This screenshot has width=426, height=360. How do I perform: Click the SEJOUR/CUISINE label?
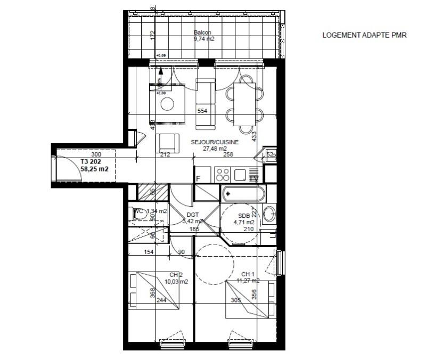[215, 142]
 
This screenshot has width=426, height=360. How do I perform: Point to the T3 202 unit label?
[91, 161]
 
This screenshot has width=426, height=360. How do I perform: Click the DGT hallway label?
[193, 215]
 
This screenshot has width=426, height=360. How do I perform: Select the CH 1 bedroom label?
[249, 274]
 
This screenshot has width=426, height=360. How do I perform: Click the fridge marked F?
[199, 178]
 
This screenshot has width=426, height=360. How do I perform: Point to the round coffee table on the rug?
[168, 103]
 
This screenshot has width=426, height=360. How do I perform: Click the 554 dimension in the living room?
[202, 111]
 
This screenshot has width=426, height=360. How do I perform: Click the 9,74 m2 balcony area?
[203, 38]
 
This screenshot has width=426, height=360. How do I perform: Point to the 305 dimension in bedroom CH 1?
[235, 300]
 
